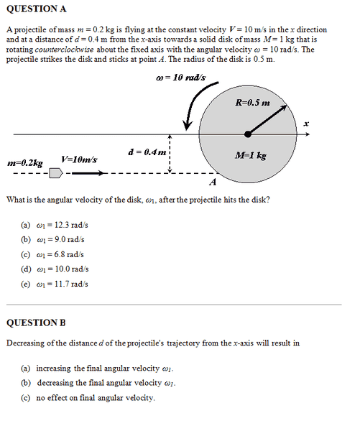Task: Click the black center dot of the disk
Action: (x=248, y=134)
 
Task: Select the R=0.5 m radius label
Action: (x=252, y=103)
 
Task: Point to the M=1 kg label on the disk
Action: (x=251, y=155)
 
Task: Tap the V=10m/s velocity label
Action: (x=80, y=159)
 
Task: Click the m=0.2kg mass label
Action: (x=25, y=163)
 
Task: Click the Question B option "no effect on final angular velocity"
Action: (x=96, y=397)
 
